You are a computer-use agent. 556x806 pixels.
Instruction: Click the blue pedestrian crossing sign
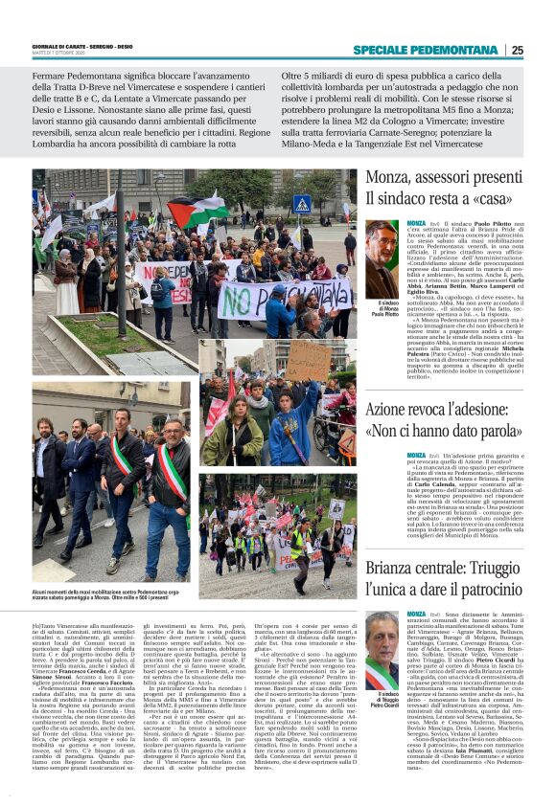pyautogui.click(x=302, y=204)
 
